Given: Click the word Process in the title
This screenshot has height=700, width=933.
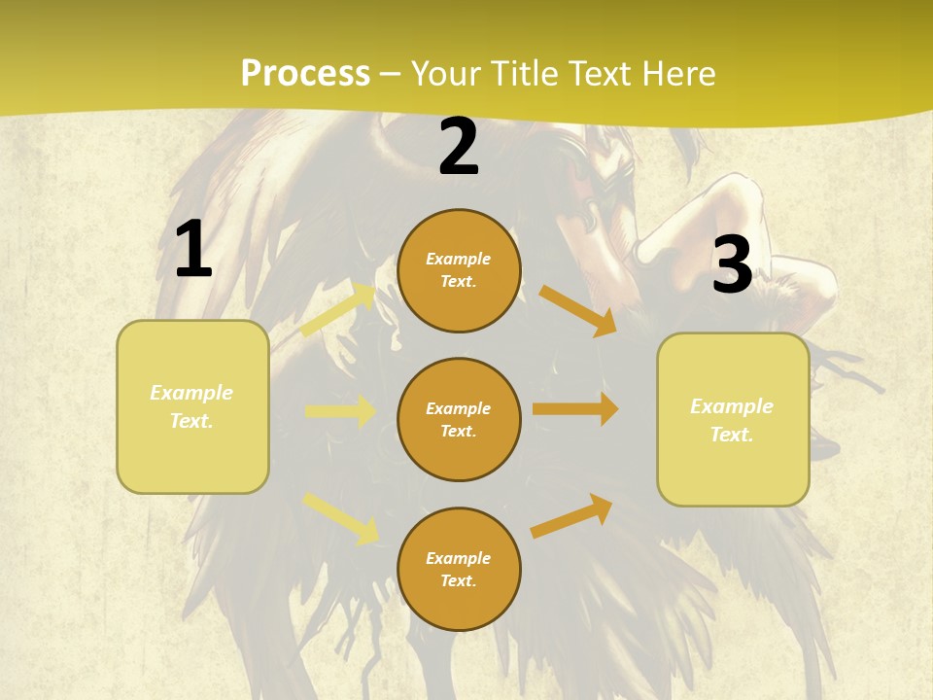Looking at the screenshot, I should tap(305, 74).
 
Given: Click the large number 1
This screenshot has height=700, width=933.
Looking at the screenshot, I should tap(193, 249).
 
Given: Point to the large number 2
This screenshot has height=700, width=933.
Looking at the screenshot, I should tap(459, 147).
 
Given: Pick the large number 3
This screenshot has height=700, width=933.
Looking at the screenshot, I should tap(732, 264).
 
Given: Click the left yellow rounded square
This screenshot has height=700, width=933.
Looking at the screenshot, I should tap(192, 406).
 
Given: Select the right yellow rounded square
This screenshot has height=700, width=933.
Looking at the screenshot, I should tap(733, 420).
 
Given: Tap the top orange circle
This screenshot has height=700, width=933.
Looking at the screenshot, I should tap(459, 270).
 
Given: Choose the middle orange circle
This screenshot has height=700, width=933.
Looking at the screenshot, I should tap(459, 420).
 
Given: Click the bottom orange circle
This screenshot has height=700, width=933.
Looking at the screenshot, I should tap(459, 570).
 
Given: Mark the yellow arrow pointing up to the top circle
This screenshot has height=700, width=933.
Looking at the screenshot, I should tap(339, 310).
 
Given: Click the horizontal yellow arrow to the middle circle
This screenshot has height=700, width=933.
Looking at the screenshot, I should tap(340, 411).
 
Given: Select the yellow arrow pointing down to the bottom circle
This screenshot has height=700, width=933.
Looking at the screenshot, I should tap(341, 516).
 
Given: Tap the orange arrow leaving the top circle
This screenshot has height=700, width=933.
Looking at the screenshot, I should tap(578, 310).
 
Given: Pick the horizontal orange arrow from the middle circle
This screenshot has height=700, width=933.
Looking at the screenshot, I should tap(575, 409).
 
